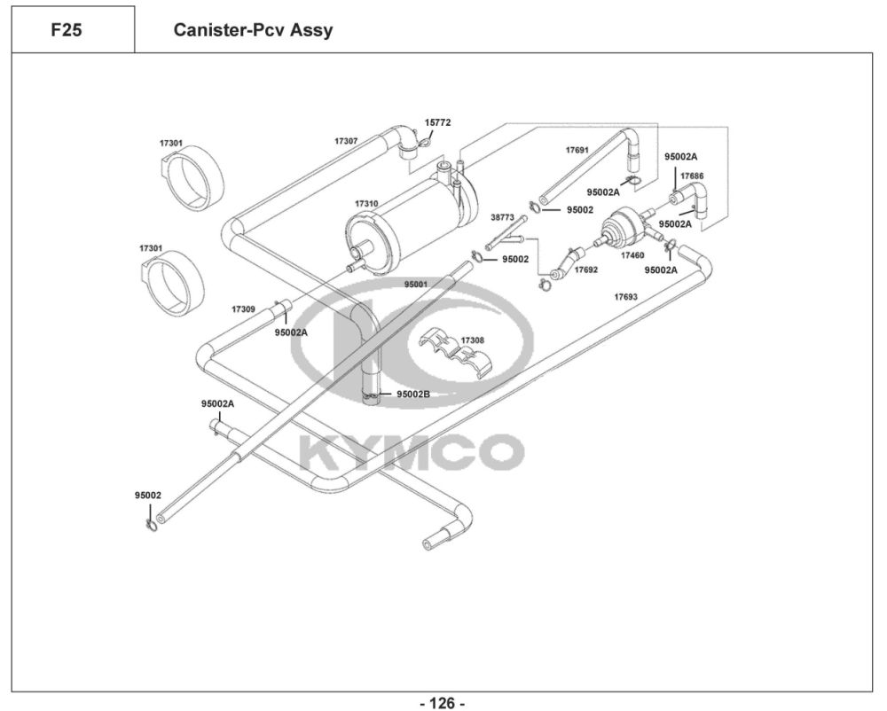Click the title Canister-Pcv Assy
254,30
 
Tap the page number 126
441,703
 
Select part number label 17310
366,204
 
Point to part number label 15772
437,122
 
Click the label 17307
346,141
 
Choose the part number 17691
577,150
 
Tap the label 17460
632,254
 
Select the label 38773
503,216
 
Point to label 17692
585,269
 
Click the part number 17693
626,297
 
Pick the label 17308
473,340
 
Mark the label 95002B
413,394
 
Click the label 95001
416,285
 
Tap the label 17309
243,309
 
